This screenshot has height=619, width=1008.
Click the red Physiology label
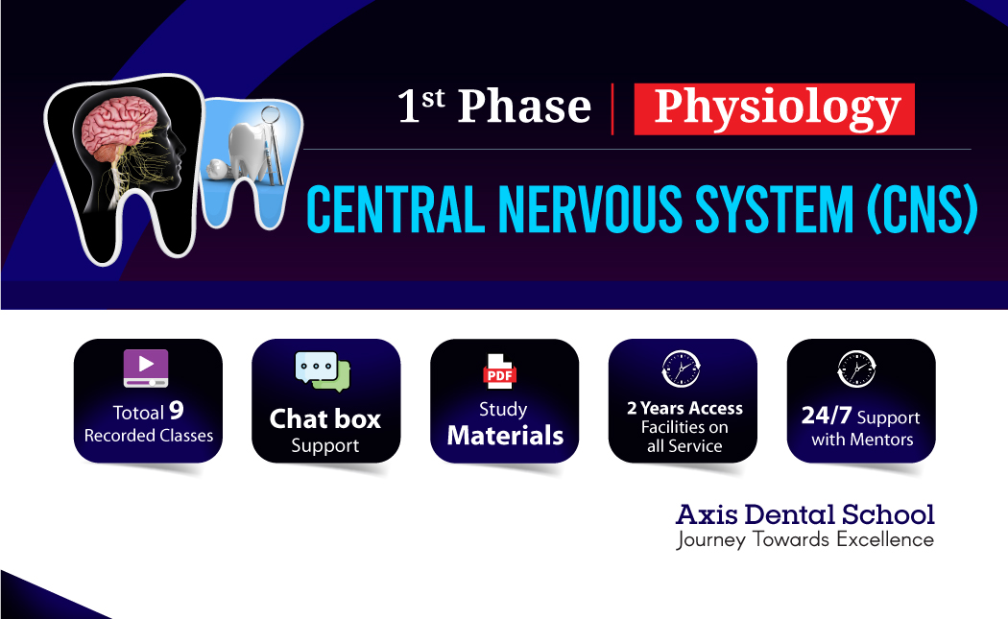775,108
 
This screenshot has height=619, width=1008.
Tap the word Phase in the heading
523,107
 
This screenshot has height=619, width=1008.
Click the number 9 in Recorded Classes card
177,411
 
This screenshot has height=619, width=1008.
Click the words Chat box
324,419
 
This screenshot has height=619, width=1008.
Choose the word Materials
505,436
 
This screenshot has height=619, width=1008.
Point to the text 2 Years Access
684,408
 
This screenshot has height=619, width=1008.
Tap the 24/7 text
827,417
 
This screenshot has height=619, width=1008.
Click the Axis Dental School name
804,513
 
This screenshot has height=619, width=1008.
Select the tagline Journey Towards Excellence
804,539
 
